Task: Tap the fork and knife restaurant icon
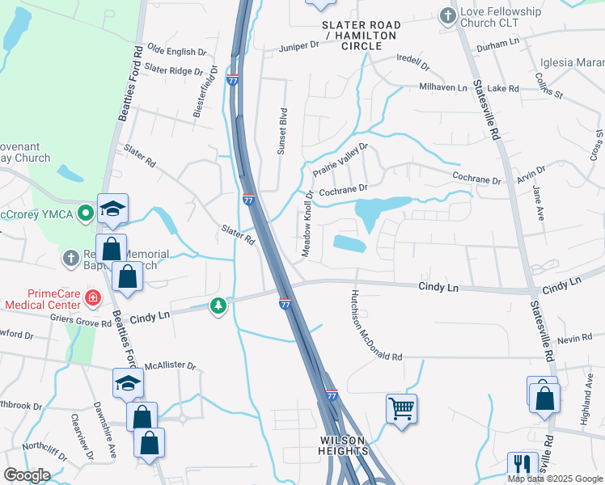(522, 464)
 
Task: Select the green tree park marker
(218, 306)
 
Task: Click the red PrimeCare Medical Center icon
(93, 298)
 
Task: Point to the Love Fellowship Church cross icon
(446, 15)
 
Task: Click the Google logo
(27, 475)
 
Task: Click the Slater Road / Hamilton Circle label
(362, 36)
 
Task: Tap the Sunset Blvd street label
(283, 130)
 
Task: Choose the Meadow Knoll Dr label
(307, 224)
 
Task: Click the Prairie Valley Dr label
(340, 160)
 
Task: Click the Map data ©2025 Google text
(555, 479)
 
